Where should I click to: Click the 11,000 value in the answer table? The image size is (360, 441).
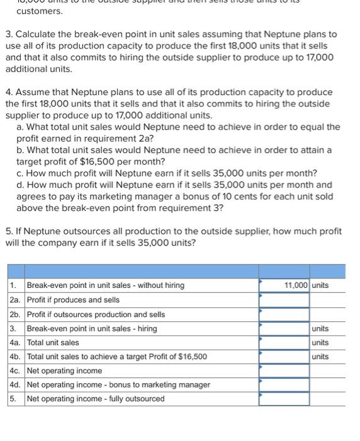click(295, 285)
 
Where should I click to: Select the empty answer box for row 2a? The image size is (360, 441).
click(284, 300)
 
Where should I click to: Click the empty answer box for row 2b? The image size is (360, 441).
click(284, 314)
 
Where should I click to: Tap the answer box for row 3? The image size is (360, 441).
click(284, 328)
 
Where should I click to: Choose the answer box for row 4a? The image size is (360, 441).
click(284, 343)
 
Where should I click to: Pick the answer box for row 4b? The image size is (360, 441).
click(284, 357)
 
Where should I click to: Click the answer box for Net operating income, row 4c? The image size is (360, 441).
click(284, 370)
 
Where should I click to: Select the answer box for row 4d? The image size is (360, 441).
click(284, 384)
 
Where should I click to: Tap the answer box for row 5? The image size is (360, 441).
click(284, 399)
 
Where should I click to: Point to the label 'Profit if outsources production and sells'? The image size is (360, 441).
click(96, 314)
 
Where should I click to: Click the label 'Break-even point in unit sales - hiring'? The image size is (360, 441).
click(92, 328)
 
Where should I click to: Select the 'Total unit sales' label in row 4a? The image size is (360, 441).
click(53, 343)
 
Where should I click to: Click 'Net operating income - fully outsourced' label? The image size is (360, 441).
click(96, 399)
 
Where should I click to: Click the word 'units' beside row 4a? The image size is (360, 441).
click(320, 343)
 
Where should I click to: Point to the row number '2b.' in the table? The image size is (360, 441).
click(15, 314)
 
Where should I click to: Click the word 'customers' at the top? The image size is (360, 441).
click(39, 11)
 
